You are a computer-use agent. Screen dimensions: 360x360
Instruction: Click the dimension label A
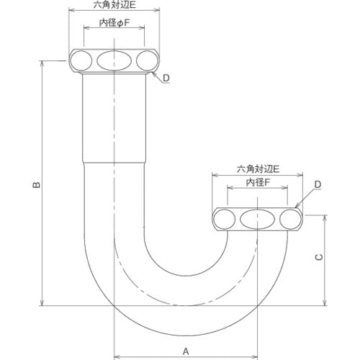coord(185,332)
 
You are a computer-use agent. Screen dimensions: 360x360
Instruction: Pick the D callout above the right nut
coord(316,186)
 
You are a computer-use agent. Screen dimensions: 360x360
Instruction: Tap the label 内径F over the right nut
coord(257,182)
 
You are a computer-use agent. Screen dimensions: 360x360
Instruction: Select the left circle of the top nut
coord(81,60)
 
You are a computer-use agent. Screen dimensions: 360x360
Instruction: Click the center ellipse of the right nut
coord(257,220)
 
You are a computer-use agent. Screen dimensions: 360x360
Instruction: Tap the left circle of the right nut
coord(225,220)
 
